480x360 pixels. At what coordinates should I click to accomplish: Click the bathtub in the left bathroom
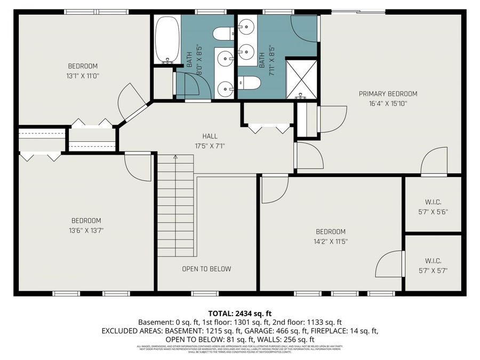[166, 39]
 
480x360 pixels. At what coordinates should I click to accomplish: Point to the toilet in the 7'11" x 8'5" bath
[249, 83]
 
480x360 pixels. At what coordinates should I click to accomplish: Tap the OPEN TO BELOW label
[206, 269]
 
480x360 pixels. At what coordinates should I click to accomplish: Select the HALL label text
[210, 136]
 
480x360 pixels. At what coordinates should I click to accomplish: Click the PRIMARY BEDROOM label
[388, 94]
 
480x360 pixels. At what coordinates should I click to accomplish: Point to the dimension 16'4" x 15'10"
[388, 104]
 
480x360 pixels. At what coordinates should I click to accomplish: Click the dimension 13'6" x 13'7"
[86, 231]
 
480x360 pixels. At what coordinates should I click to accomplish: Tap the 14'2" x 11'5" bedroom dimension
[331, 241]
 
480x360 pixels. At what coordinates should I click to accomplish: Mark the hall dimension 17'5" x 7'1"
[210, 146]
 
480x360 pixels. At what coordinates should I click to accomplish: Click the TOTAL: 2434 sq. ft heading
[239, 313]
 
